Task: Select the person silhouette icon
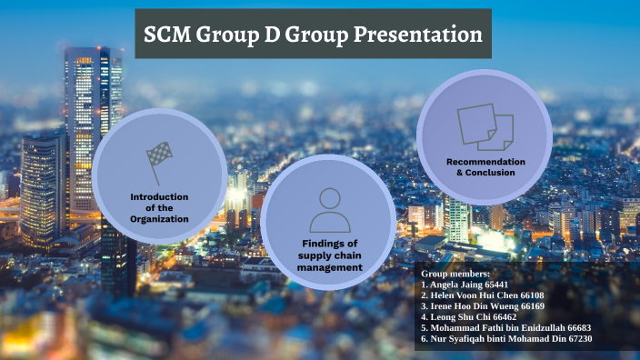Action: click(x=329, y=211)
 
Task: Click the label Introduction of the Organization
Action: click(x=159, y=207)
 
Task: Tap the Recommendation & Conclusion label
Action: click(x=485, y=166)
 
